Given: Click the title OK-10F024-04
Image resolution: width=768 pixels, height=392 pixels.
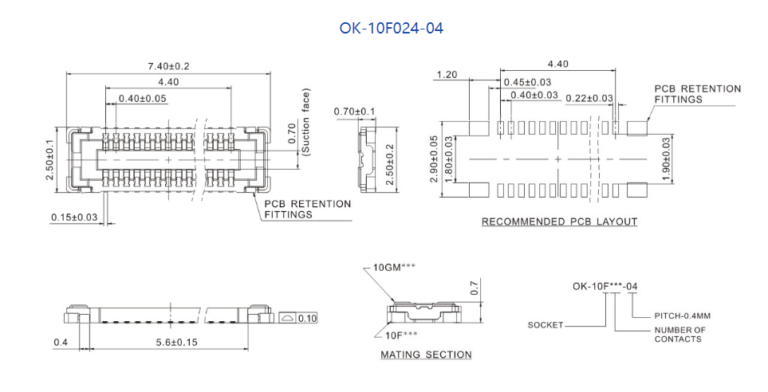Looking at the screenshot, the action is tap(392, 29).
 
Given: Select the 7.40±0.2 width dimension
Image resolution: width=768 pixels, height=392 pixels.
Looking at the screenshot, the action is tap(168, 66).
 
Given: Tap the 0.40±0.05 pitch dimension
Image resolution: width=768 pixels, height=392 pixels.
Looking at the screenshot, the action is tap(143, 98).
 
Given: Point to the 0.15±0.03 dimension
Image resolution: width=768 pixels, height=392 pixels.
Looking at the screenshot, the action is tap(74, 217).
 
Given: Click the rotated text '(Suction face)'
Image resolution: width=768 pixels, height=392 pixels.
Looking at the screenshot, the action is tap(306, 122).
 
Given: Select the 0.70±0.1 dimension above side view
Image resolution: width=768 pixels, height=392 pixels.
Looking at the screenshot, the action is tap(354, 112).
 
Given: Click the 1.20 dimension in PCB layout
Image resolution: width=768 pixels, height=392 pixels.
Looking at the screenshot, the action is tap(447, 75).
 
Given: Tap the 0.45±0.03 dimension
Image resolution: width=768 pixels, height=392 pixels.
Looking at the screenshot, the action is tap(527, 82).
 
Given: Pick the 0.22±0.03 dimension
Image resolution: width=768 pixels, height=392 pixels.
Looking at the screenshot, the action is tap(589, 98).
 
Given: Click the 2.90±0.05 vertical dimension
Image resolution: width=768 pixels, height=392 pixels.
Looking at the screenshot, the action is tap(434, 159).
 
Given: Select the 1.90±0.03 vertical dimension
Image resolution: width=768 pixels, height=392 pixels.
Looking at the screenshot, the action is tap(666, 159).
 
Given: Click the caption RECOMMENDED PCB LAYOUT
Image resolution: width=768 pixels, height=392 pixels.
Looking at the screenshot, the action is tap(559, 221).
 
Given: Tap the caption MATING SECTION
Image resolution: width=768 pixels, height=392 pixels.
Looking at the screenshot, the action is tap(426, 355).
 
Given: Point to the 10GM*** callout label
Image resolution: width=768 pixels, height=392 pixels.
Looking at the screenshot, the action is tap(394, 267).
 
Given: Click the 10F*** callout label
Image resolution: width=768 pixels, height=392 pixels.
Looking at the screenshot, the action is tap(401, 335).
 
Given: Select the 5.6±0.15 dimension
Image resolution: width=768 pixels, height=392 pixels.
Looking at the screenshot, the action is tap(177, 342).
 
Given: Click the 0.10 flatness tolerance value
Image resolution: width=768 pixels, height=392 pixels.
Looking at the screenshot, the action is tap(307, 319).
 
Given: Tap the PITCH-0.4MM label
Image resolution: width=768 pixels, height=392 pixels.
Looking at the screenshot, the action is tap(683, 316).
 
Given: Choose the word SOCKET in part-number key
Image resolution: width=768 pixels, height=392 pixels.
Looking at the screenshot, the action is tap(545, 325).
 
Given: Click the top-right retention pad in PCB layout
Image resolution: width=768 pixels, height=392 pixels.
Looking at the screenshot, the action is tap(637, 128).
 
